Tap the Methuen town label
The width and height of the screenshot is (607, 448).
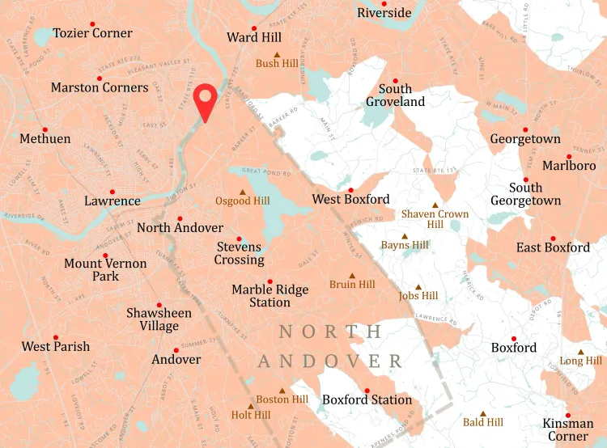click(x=45, y=139)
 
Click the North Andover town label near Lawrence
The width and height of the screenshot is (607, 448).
click(x=180, y=228)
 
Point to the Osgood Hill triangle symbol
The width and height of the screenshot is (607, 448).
click(x=243, y=192)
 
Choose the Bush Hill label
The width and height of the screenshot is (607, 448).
click(x=277, y=64)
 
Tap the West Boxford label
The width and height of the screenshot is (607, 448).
click(x=350, y=200)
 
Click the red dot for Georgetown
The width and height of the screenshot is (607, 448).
click(x=525, y=129)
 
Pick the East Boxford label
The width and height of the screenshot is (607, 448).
click(x=553, y=247)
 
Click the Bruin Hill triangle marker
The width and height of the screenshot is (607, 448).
click(x=352, y=275)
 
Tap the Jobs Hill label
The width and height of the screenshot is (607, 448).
click(x=418, y=296)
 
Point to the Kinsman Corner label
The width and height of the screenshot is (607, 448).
click(x=568, y=429)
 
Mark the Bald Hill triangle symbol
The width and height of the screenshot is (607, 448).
click(x=483, y=412)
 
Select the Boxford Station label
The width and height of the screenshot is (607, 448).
click(x=367, y=400)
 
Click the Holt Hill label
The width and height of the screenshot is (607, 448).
click(x=250, y=416)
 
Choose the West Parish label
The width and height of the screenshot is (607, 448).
click(x=56, y=347)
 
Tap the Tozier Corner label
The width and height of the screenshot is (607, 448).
click(x=92, y=33)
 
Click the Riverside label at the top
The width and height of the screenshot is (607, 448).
click(x=384, y=13)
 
